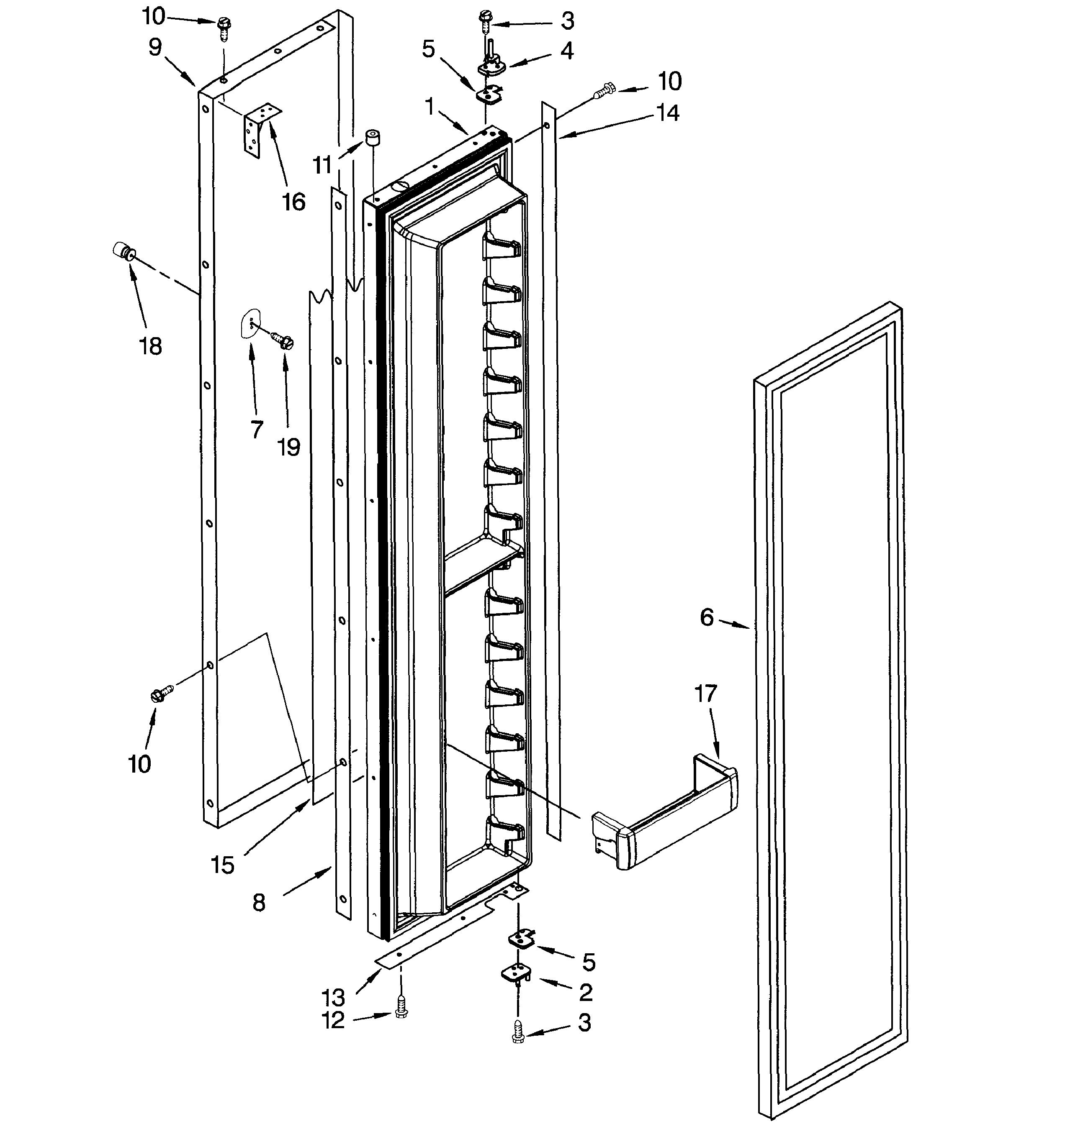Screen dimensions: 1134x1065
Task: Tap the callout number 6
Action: (707, 617)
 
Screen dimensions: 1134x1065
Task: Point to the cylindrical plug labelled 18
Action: (123, 251)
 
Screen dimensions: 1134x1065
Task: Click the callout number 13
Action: (333, 998)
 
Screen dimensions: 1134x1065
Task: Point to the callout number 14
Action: (667, 113)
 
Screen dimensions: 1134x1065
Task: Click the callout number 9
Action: (154, 47)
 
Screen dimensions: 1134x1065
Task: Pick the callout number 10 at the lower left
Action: (139, 764)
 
